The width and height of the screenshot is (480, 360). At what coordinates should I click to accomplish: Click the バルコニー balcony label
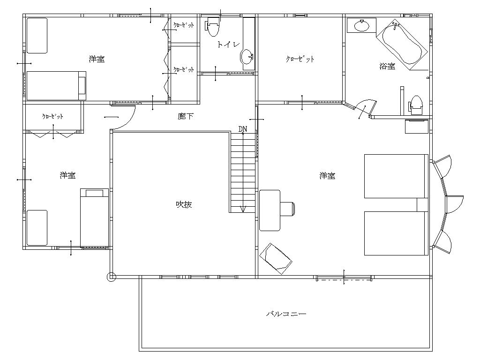[286, 314]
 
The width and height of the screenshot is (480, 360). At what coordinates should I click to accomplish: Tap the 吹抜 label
[184, 204]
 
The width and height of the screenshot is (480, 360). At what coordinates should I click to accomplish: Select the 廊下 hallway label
[186, 116]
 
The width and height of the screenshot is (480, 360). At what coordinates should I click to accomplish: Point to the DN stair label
[243, 129]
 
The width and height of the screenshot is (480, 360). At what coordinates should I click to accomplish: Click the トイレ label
[228, 45]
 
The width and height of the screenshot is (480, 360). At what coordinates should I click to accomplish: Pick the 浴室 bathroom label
[387, 66]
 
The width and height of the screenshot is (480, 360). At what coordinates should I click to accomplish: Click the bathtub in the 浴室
[402, 45]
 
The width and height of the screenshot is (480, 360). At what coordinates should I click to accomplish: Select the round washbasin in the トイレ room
[247, 57]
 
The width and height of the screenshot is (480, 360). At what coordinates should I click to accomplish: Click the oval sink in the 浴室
[362, 26]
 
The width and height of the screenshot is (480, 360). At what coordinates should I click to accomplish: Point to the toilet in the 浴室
[415, 105]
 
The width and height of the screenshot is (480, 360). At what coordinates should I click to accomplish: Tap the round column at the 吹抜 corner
[111, 277]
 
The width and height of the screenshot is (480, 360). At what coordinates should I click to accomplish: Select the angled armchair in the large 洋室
[276, 259]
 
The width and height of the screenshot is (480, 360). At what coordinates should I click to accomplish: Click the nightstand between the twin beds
[422, 205]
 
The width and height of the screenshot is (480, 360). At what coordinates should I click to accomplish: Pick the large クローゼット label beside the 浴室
[300, 59]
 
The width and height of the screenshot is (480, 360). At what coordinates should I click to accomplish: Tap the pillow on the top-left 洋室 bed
[82, 85]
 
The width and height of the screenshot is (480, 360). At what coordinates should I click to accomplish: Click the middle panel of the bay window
[454, 204]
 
